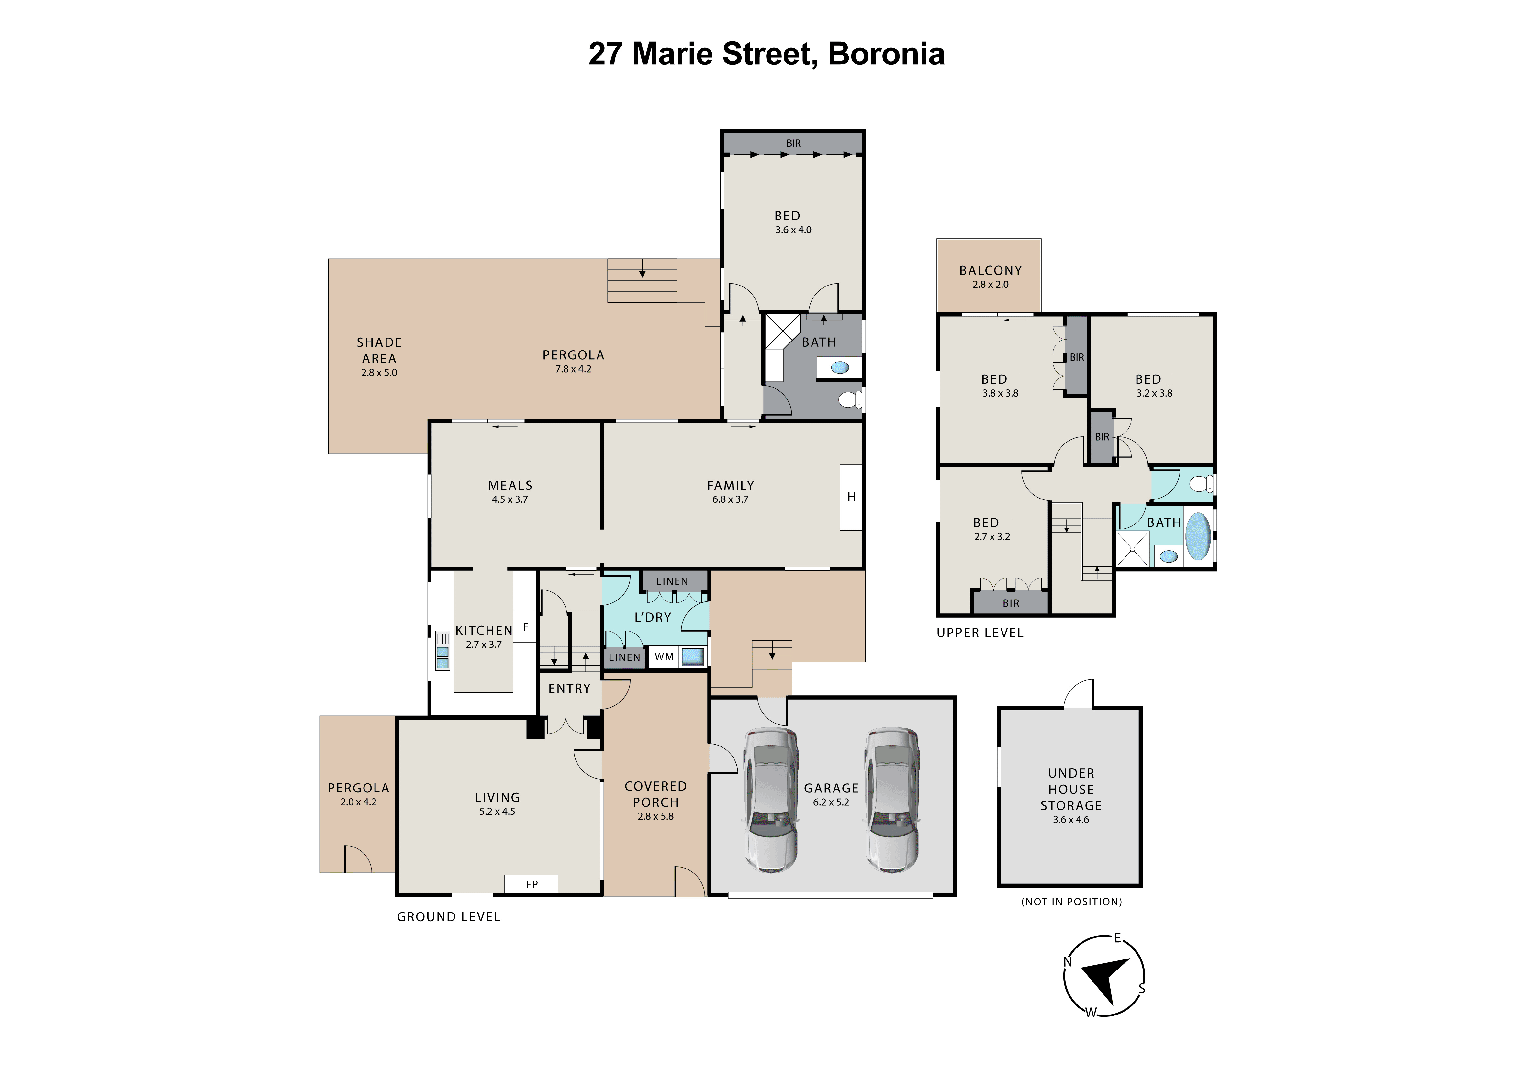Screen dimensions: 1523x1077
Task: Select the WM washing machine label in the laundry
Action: [x=664, y=656]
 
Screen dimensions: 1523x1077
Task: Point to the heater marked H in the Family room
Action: [x=851, y=497]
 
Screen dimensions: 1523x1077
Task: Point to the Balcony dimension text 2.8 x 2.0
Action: [x=990, y=285]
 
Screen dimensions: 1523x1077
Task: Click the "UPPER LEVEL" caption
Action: [x=980, y=633]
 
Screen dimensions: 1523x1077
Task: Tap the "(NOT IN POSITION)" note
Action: [x=1071, y=901]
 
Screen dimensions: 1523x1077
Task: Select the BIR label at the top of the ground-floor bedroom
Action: [x=793, y=143]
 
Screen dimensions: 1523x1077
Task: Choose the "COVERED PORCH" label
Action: [x=655, y=794]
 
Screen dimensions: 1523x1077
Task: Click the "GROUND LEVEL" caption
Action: [x=448, y=916]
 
